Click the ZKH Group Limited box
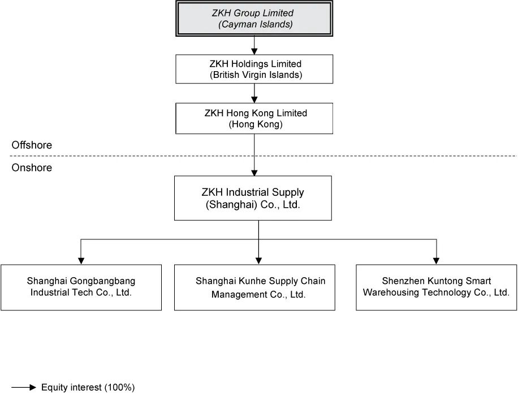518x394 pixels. pos(254,19)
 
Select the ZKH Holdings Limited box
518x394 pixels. pos(254,69)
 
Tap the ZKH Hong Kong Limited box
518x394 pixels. pos(254,119)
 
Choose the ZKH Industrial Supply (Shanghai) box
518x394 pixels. pos(253,198)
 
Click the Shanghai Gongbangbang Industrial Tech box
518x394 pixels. pos(81,287)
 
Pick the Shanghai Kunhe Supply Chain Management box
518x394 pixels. pos(254,287)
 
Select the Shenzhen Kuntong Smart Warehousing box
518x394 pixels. pos(436,287)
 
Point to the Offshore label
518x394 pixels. pos(32,145)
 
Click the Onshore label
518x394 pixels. pos(32,168)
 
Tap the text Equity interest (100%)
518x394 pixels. pos(88,387)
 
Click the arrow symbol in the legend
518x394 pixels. pos(24,387)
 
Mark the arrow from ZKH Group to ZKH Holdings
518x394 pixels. pos(254,46)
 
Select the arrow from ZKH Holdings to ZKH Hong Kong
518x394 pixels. pos(254,93)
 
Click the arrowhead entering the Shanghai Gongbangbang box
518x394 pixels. pos(81,261)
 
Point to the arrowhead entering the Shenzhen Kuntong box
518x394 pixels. pos(436,261)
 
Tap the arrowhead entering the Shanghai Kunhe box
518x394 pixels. pos(258,261)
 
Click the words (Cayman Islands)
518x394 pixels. pos(256,24)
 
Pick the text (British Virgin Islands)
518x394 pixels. pos(256,75)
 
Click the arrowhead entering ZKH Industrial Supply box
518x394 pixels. pos(254,172)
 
